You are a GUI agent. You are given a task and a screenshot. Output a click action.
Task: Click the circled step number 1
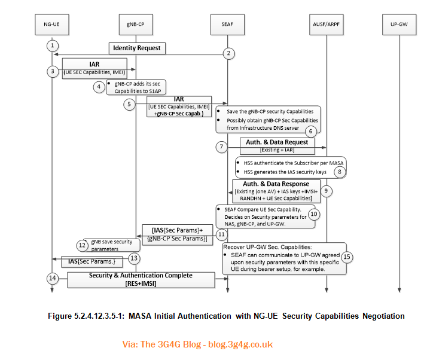52,45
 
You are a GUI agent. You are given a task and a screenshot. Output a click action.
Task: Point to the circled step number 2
227,54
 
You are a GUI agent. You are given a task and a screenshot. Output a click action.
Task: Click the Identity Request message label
137,47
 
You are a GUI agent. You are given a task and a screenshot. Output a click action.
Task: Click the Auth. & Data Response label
276,184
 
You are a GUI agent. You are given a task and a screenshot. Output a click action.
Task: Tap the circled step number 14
52,278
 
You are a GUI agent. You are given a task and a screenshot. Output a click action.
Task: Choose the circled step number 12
82,245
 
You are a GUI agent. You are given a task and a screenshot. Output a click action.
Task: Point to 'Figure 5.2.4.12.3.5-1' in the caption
90,315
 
